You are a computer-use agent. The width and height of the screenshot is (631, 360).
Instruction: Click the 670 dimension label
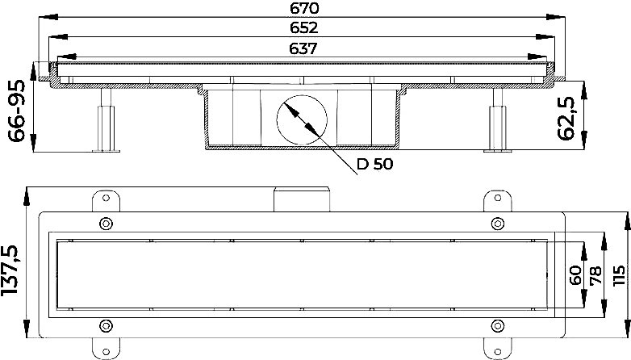click(x=304, y=7)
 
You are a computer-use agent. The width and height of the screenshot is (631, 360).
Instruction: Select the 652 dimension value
click(x=304, y=27)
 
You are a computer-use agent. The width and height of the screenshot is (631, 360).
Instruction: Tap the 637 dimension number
click(x=303, y=48)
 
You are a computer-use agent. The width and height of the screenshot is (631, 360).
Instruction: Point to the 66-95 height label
click(x=17, y=111)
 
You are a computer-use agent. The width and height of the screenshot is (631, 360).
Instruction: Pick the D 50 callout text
click(x=374, y=164)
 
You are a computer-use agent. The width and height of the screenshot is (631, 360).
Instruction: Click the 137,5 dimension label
click(x=10, y=270)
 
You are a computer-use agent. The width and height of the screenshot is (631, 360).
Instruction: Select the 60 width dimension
click(x=576, y=274)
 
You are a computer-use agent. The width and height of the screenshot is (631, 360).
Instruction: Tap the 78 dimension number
click(x=595, y=275)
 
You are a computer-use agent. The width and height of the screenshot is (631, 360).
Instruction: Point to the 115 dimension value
click(x=619, y=275)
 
